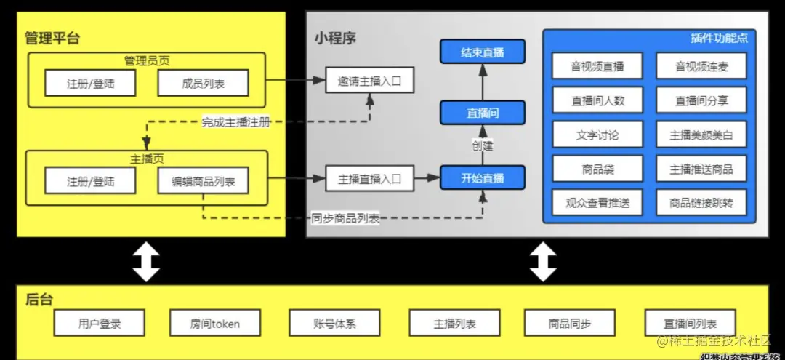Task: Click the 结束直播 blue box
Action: point(483,52)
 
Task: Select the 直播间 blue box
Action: point(483,113)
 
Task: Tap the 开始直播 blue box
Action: point(483,177)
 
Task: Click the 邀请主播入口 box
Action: point(370,81)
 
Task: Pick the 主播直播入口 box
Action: point(370,178)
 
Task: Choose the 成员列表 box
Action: point(203,84)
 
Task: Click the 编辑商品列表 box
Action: point(203,181)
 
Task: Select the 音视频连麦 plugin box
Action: point(701,67)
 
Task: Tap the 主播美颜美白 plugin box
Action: point(701,135)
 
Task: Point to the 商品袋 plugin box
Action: point(597,169)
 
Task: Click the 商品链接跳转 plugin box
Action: point(701,203)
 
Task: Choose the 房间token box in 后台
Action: point(214,323)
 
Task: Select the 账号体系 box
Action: point(334,323)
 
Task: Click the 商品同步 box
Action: point(570,323)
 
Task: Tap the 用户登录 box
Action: point(99,323)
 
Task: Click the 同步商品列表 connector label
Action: point(345,218)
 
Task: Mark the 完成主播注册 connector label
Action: point(236,122)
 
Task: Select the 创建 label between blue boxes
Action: point(483,145)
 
